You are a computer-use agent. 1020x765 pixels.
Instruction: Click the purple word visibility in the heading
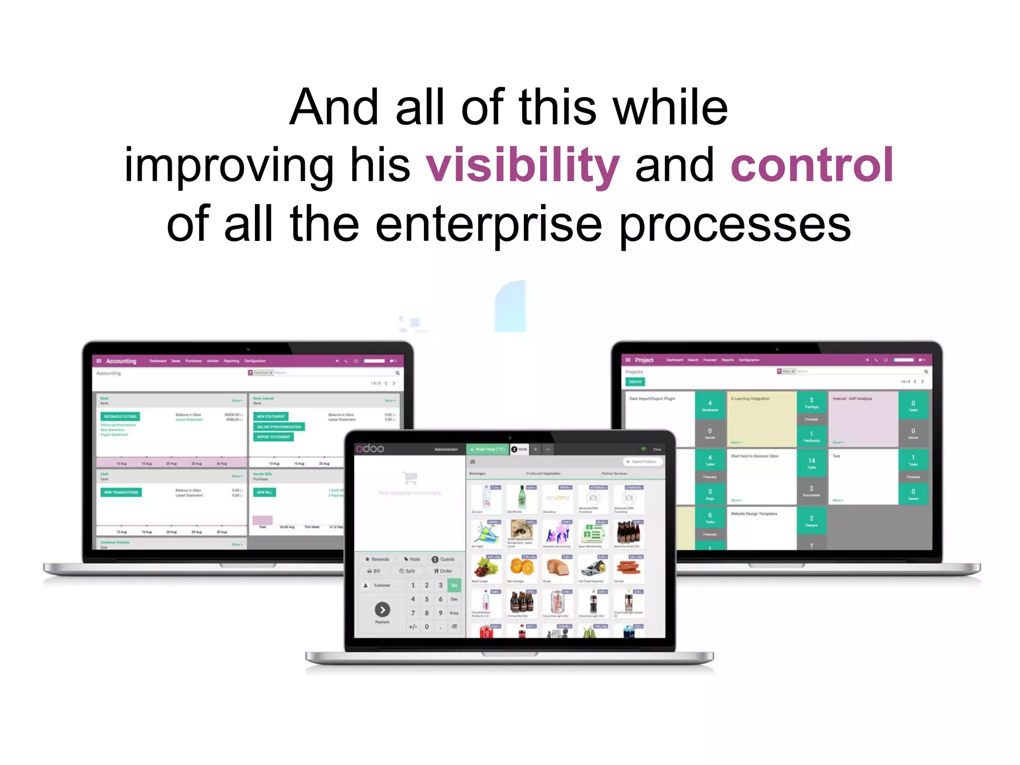[x=522, y=166]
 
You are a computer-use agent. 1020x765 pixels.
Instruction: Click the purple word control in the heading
[x=812, y=166]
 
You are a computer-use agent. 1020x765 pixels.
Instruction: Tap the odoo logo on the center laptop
[x=370, y=448]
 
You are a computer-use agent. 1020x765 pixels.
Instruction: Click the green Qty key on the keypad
[x=454, y=585]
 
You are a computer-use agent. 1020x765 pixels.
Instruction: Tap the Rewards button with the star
[x=377, y=559]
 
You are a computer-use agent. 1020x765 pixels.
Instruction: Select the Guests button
[x=443, y=559]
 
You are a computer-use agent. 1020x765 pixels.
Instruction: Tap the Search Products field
[x=643, y=462]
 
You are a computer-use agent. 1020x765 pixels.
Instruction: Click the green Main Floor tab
[x=488, y=449]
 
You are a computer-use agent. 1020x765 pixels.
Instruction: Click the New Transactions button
[x=121, y=492]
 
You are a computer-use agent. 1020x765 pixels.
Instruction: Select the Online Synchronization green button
[x=279, y=427]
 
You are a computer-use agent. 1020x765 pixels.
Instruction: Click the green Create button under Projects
[x=635, y=382]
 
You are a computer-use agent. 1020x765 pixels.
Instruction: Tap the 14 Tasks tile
[x=811, y=462]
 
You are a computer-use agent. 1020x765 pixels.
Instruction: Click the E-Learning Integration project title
[x=750, y=399]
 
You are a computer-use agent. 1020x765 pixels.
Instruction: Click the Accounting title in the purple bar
[x=121, y=361]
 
